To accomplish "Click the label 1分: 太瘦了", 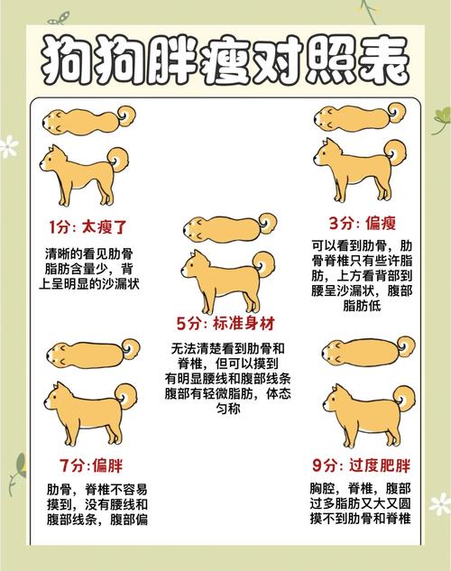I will tap(87, 225).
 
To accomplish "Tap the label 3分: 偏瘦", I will tap(362, 223).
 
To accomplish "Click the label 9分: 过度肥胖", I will tap(361, 466).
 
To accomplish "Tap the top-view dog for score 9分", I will tap(366, 351).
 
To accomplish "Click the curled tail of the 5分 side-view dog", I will tap(262, 262).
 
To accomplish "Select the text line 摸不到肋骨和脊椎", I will tap(362, 520).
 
